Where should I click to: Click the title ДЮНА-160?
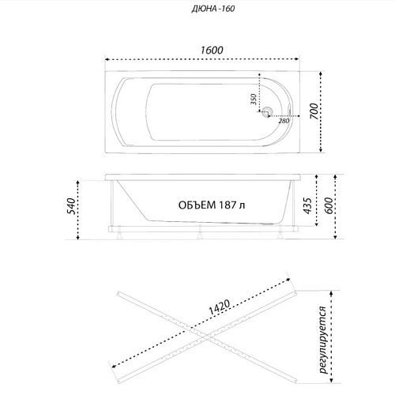coord(213,9)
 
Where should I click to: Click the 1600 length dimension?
coord(212,50)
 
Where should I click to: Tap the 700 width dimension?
coord(314,111)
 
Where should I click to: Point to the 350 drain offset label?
coord(254,100)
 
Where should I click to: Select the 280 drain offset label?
coord(284,121)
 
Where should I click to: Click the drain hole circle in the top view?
coord(268,111)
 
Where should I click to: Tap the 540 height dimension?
coord(71,206)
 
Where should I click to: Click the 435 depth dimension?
coord(307,205)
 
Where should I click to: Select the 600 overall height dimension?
coord(328,205)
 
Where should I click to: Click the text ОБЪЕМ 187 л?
coord(212,205)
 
